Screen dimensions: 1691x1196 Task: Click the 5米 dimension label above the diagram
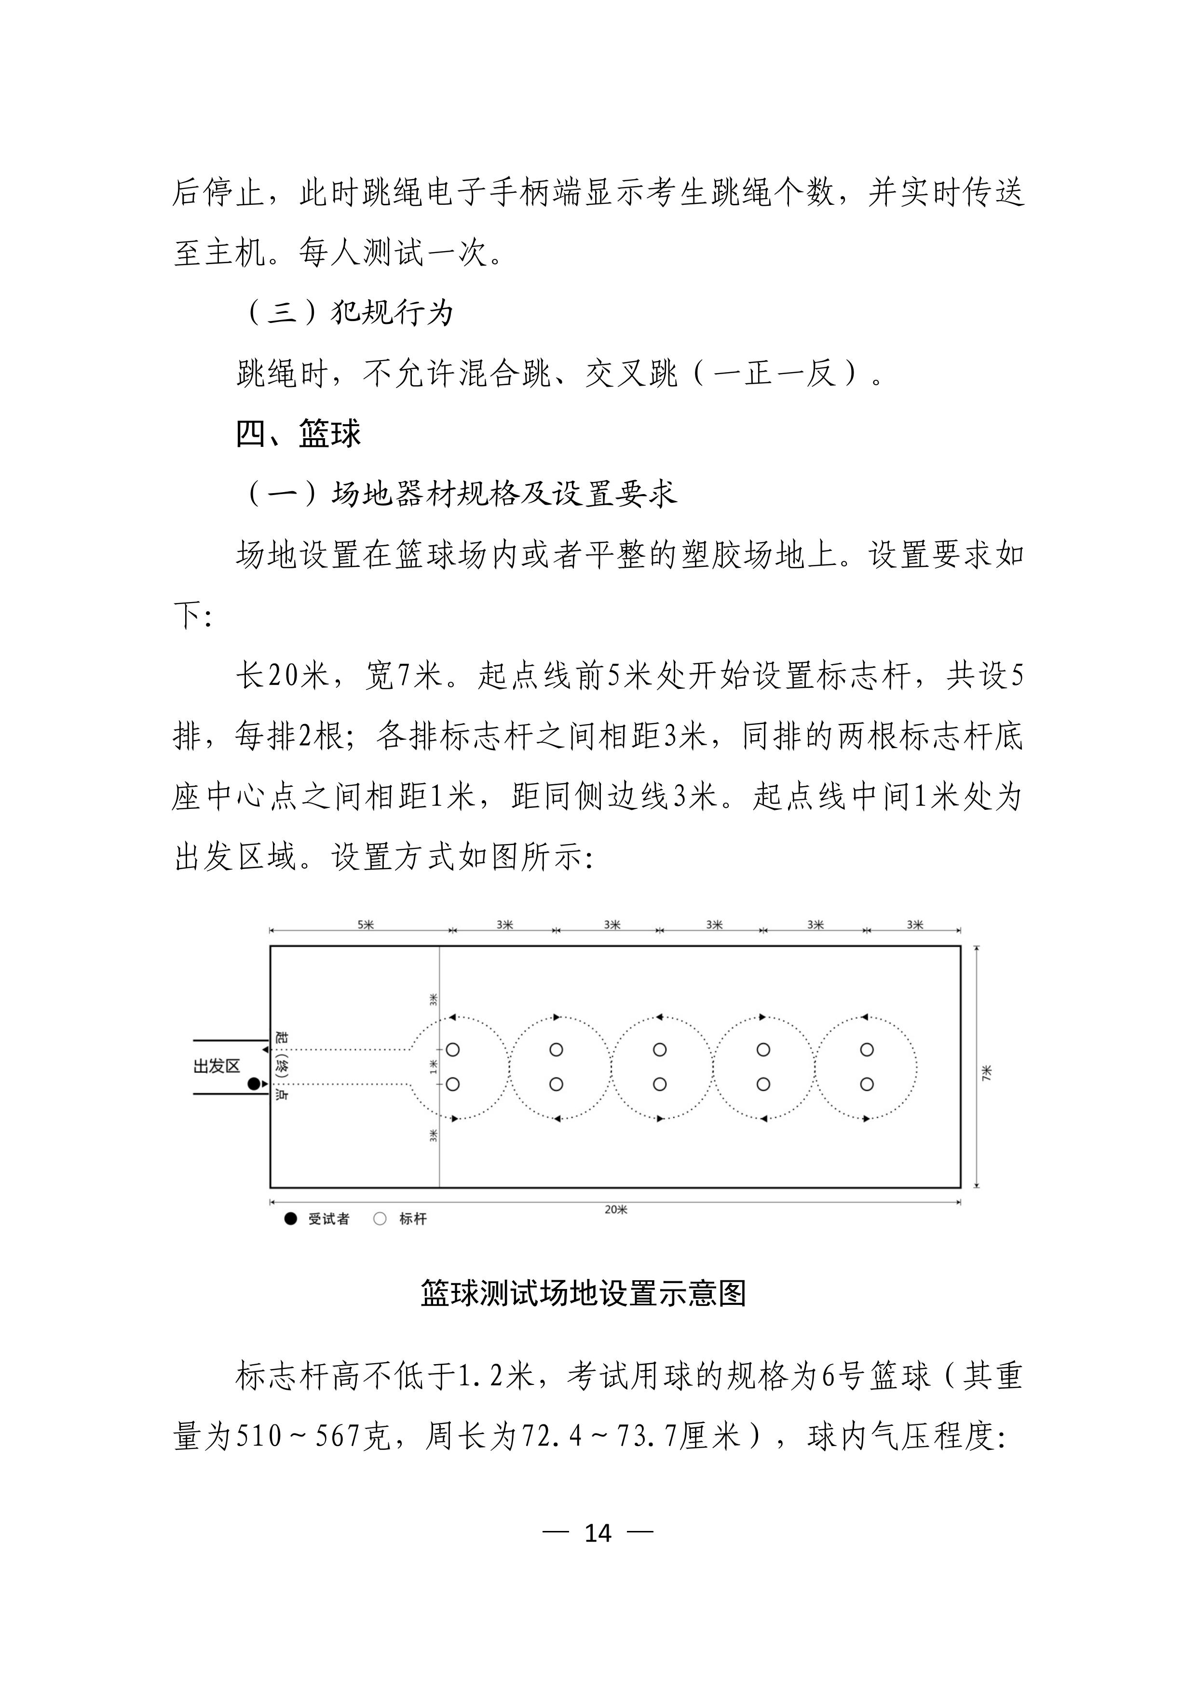click(366, 925)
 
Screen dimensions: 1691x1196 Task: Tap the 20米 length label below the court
click(615, 1209)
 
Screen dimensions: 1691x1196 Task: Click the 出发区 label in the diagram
click(217, 1066)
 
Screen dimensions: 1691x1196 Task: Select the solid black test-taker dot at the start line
click(254, 1084)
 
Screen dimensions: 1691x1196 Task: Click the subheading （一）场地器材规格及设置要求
click(457, 494)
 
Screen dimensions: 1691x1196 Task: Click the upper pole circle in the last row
click(867, 1049)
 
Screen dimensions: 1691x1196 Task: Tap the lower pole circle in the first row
click(453, 1084)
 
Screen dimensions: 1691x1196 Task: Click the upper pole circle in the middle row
click(660, 1049)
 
